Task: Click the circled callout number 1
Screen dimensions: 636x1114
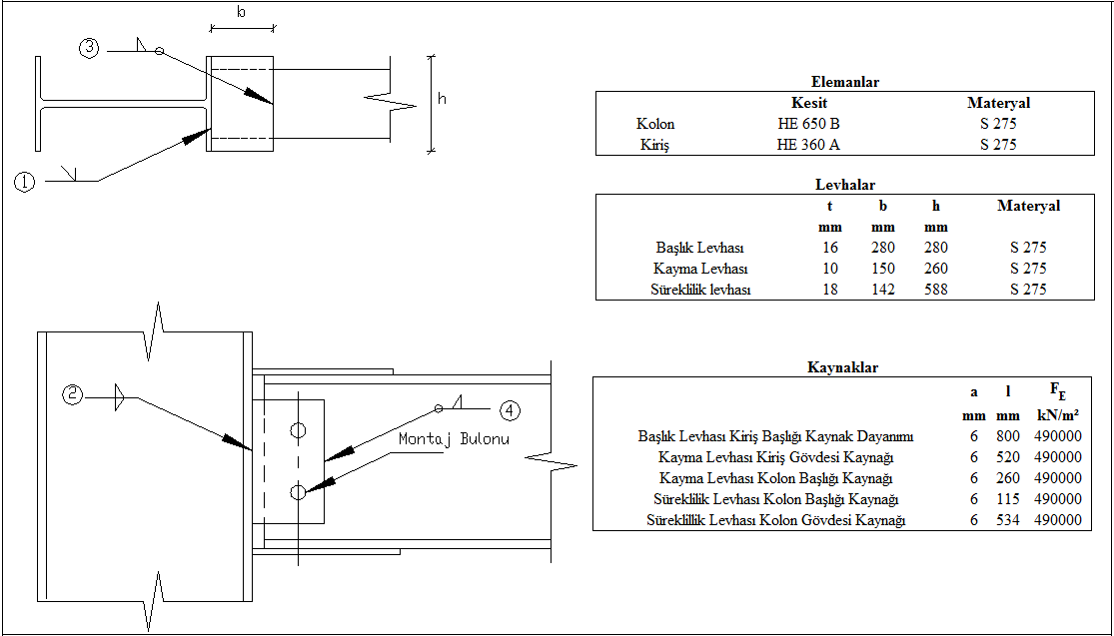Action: tap(25, 182)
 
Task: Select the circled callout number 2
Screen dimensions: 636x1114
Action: tap(73, 394)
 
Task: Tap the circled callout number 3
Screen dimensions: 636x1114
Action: tap(90, 48)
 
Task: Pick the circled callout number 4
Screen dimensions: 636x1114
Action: tap(509, 409)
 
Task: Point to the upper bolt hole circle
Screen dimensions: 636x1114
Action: tap(297, 430)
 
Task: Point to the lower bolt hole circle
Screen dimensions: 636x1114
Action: tap(297, 491)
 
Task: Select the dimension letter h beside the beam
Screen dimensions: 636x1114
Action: tap(442, 98)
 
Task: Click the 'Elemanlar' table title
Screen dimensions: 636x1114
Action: tap(845, 82)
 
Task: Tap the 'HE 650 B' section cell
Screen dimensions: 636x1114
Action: tap(808, 124)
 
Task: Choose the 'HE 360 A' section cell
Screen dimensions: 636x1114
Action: tap(808, 145)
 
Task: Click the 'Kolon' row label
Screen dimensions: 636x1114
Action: tap(655, 124)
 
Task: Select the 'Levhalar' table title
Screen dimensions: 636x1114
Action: tap(845, 185)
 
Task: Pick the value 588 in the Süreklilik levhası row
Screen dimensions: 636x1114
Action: tap(935, 290)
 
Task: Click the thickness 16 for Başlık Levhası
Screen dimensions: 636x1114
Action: tap(829, 248)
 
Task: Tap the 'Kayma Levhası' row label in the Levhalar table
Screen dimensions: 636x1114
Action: tap(700, 269)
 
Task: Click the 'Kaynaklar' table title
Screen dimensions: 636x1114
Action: tap(842, 367)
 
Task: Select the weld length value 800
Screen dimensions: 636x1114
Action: tap(1007, 436)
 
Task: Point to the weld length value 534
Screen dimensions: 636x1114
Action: tap(1007, 520)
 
